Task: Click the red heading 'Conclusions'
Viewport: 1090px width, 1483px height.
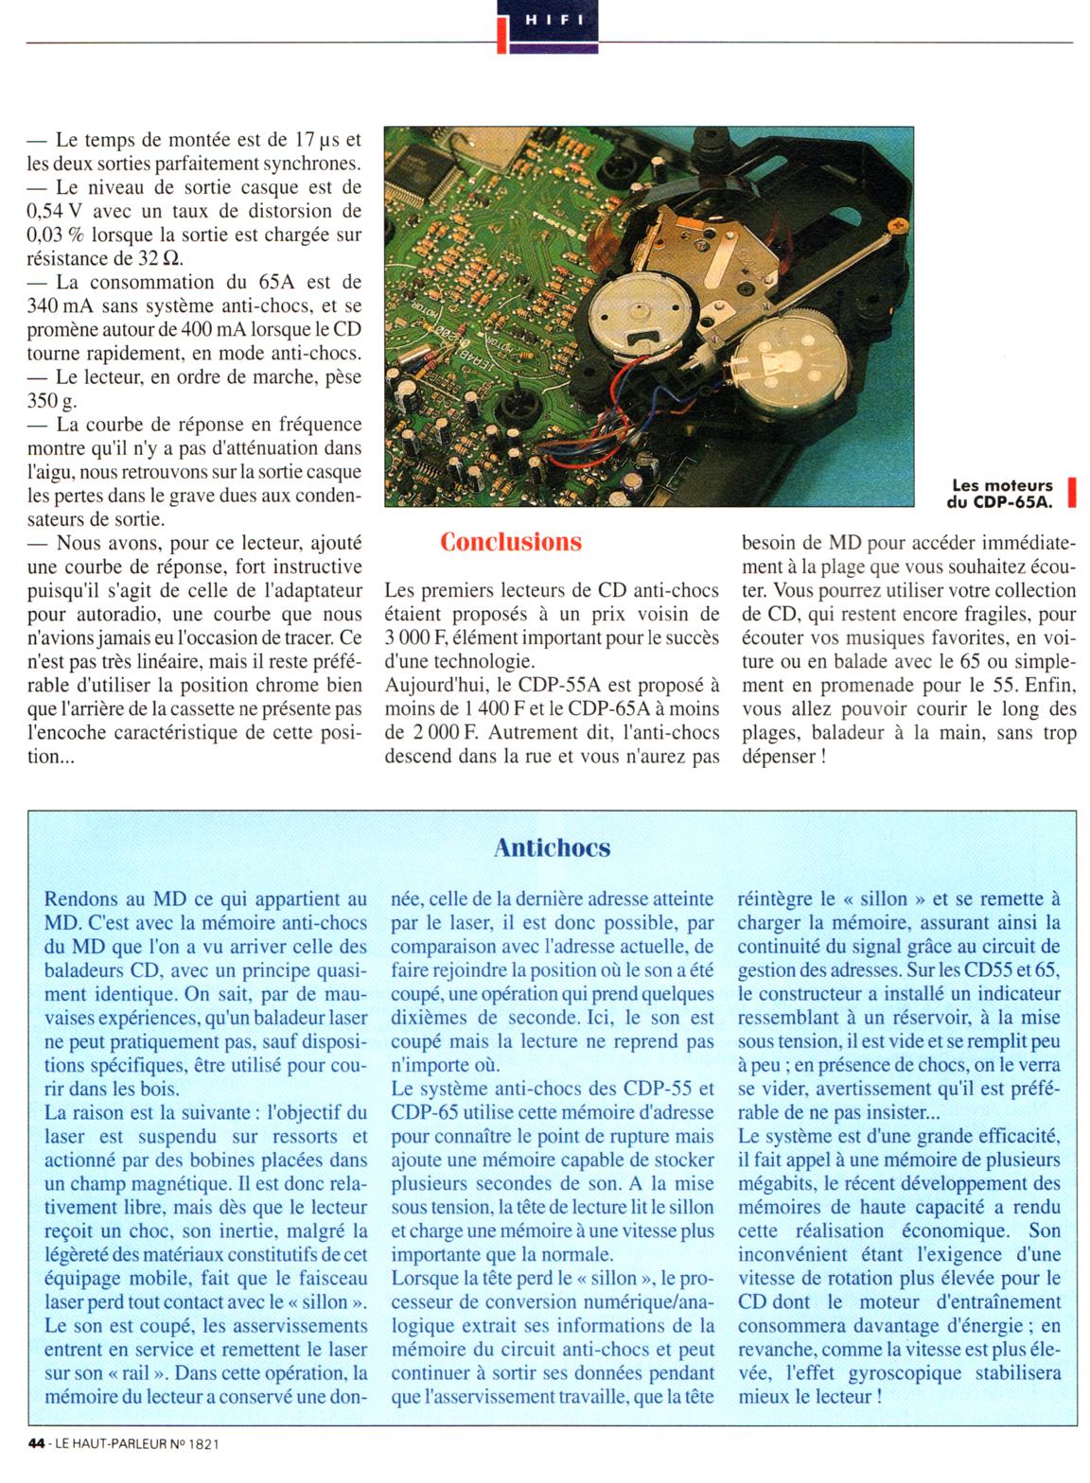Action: click(x=510, y=543)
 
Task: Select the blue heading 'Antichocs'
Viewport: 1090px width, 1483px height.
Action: click(x=552, y=847)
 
